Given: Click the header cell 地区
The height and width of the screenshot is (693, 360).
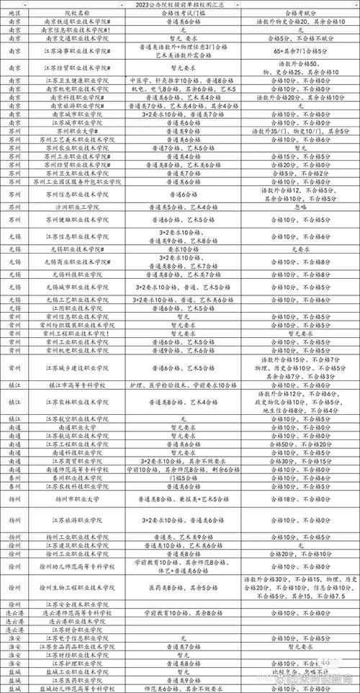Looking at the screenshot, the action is (x=15, y=13).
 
